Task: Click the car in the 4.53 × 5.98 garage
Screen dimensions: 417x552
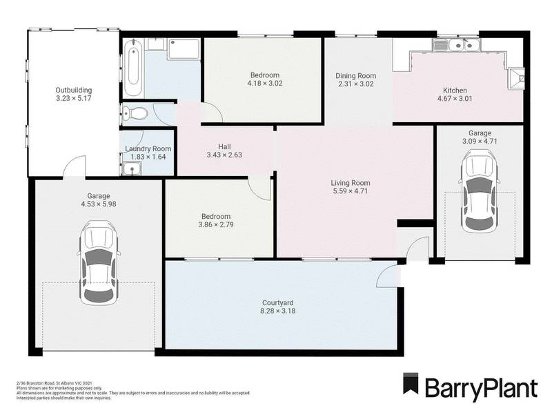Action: (97, 263)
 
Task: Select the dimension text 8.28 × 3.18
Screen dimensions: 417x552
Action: (278, 311)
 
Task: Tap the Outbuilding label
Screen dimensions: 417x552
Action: (74, 90)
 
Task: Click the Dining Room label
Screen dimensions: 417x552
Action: (355, 76)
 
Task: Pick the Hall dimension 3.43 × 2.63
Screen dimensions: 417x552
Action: (224, 156)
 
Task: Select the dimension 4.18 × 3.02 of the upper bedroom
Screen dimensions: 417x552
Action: (265, 84)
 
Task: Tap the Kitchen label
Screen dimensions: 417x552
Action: (455, 90)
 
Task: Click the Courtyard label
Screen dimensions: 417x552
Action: (278, 302)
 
